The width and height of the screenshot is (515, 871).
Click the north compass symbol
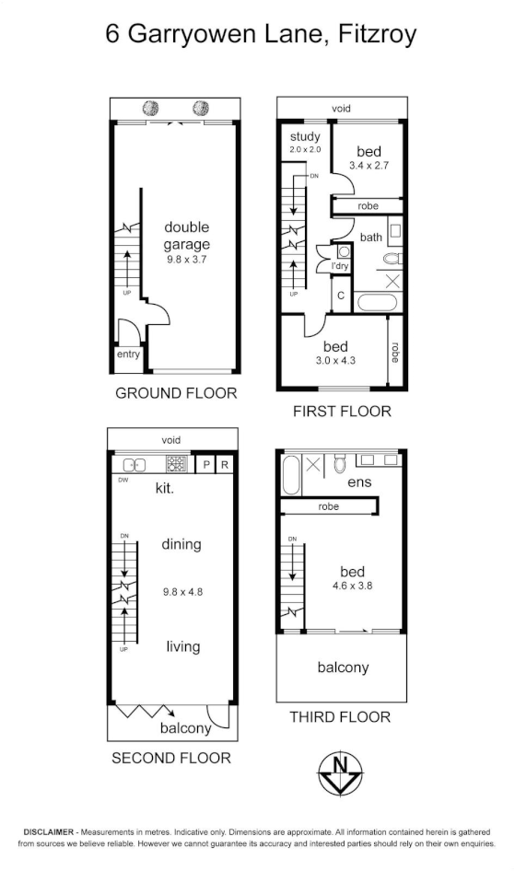(340, 773)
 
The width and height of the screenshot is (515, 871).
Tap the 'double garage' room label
(187, 236)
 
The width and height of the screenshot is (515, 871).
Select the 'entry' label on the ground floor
(127, 354)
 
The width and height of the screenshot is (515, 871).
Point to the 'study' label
(304, 137)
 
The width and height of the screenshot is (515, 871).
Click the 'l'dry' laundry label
(340, 267)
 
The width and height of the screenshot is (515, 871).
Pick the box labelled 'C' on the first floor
(341, 296)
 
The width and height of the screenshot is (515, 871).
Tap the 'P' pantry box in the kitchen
(206, 465)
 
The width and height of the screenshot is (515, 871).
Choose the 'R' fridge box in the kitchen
(225, 465)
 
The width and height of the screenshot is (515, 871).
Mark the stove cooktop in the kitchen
(177, 465)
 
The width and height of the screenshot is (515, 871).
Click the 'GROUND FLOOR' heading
(176, 393)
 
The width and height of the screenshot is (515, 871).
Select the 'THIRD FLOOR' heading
(340, 716)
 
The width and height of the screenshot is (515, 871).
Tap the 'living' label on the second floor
(182, 646)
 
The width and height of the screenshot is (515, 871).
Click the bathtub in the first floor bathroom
(376, 302)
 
